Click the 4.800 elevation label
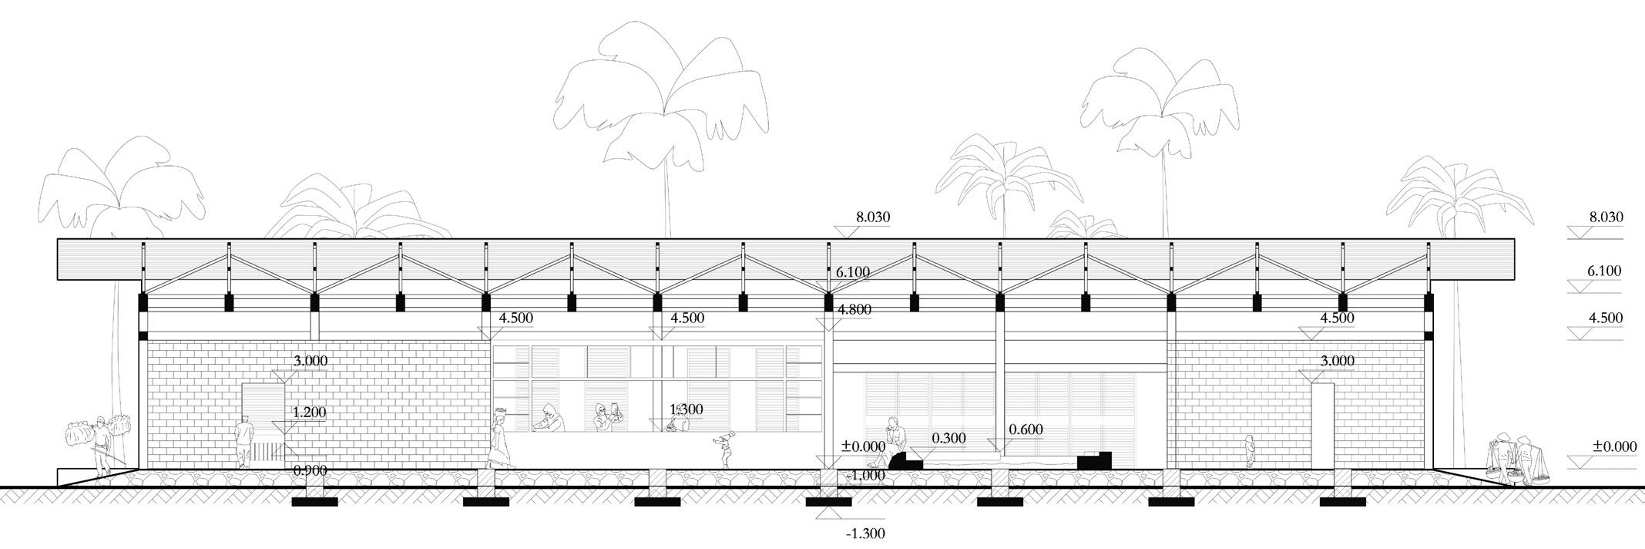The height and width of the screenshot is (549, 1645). [x=854, y=310]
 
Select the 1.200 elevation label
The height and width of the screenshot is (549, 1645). [x=309, y=413]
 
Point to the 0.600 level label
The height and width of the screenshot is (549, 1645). [x=1026, y=430]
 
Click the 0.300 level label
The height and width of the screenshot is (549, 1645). [x=948, y=439]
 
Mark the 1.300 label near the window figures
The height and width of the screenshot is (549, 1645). [x=686, y=409]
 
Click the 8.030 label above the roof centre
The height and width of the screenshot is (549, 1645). [x=872, y=217]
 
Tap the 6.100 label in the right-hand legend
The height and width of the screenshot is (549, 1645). [x=1603, y=271]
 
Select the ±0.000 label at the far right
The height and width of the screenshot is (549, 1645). [x=1614, y=446]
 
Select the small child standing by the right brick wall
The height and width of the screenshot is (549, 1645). [x=1250, y=451]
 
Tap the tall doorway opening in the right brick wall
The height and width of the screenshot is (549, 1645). [x=1323, y=426]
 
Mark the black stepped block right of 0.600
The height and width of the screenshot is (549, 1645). [x=1094, y=460]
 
